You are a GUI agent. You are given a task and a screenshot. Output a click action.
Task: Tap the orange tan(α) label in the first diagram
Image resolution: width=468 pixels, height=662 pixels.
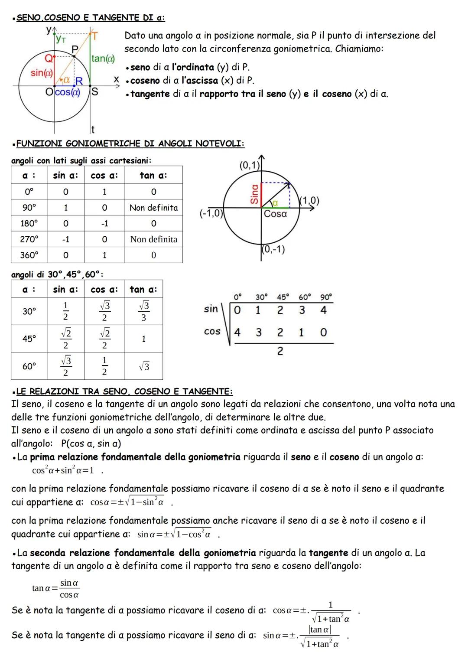tap(103, 59)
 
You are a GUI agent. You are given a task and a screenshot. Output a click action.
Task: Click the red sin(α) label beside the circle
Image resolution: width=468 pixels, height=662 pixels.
tap(42, 73)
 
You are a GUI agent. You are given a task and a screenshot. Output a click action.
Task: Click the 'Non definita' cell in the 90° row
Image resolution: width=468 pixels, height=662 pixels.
tap(153, 208)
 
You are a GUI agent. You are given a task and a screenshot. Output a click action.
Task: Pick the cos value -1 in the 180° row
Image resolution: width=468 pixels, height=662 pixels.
tap(104, 224)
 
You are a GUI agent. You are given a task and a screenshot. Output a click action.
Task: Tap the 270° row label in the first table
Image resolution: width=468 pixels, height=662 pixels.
tap(29, 239)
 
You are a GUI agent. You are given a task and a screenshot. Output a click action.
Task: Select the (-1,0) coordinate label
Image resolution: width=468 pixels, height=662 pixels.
tap(211, 213)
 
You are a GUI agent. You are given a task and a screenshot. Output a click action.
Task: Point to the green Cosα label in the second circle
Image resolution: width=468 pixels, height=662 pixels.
tap(275, 214)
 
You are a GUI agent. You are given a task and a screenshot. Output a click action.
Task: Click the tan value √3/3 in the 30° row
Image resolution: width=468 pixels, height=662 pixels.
tap(143, 311)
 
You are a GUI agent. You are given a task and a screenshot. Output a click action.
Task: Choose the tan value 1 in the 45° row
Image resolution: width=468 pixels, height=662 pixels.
tap(143, 339)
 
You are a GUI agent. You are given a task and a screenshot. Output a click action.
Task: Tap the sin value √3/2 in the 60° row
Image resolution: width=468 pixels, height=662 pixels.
tap(65, 366)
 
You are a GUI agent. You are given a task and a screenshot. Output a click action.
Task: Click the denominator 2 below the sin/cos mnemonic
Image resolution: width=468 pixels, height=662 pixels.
tap(280, 352)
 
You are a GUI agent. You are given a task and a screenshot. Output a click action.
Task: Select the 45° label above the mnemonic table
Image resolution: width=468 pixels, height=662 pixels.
tap(283, 297)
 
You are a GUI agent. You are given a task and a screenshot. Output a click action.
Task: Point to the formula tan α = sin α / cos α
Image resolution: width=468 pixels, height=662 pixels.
tap(56, 588)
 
